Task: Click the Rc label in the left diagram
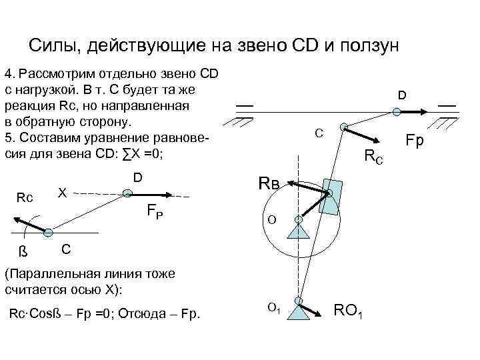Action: (25, 197)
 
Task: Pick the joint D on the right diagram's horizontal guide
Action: (396, 113)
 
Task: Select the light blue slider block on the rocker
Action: (331, 195)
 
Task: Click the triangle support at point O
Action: (298, 231)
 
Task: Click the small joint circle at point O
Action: (299, 219)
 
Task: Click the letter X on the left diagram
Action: (62, 192)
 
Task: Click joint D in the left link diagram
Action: (127, 194)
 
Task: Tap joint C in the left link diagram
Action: (48, 232)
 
